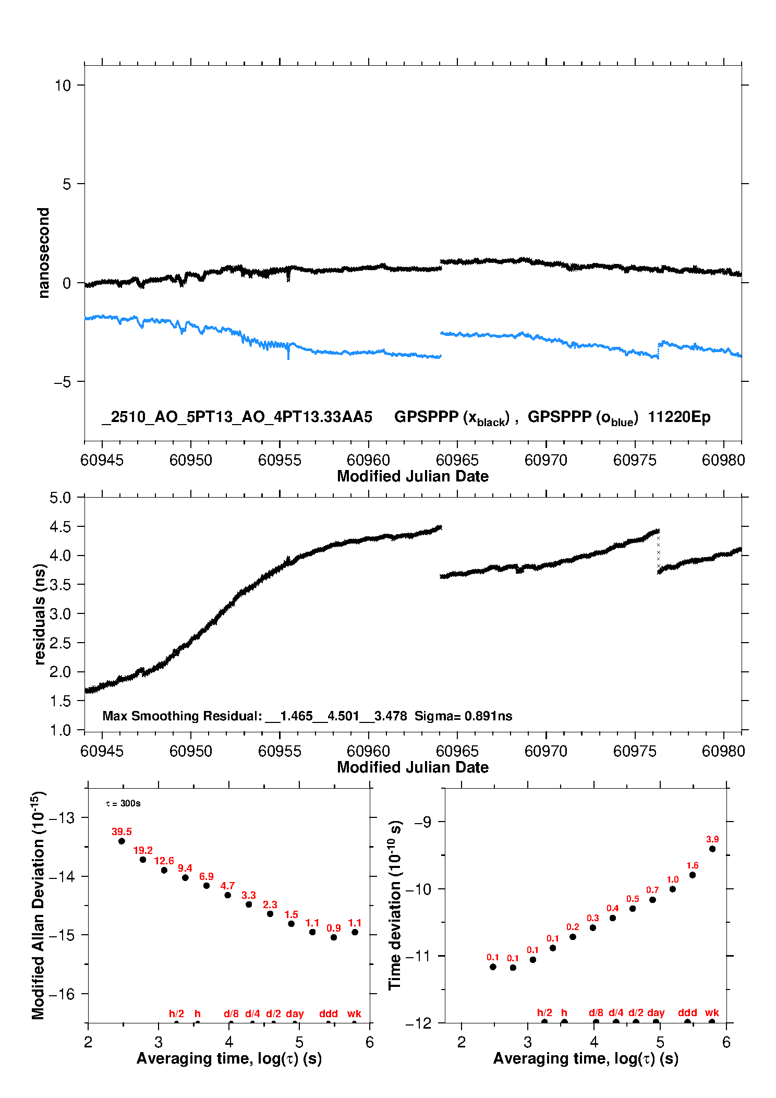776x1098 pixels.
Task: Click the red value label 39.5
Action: tap(122, 832)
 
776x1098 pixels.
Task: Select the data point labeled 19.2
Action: tap(143, 860)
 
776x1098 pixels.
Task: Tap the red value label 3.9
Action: tap(712, 839)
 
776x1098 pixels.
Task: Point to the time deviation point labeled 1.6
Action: tap(693, 875)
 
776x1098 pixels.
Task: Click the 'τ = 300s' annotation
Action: tap(123, 803)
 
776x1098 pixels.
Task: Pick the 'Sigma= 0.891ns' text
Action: tap(463, 716)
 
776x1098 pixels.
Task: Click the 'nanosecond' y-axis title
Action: tap(44, 253)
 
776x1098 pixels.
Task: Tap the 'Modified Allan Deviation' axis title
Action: tap(39, 905)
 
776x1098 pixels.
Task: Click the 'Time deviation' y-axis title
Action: tap(395, 905)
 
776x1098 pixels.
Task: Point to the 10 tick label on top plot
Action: tap(63, 86)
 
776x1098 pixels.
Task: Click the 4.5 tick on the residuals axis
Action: tap(60, 527)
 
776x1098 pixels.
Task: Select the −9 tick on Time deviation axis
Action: tap(422, 822)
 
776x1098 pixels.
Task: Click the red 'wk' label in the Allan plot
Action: tap(354, 1013)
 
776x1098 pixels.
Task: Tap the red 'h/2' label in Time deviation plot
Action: tap(544, 1012)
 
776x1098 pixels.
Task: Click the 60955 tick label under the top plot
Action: tap(280, 460)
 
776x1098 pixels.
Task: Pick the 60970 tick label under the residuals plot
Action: tap(546, 751)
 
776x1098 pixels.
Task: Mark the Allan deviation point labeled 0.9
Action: tap(334, 937)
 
